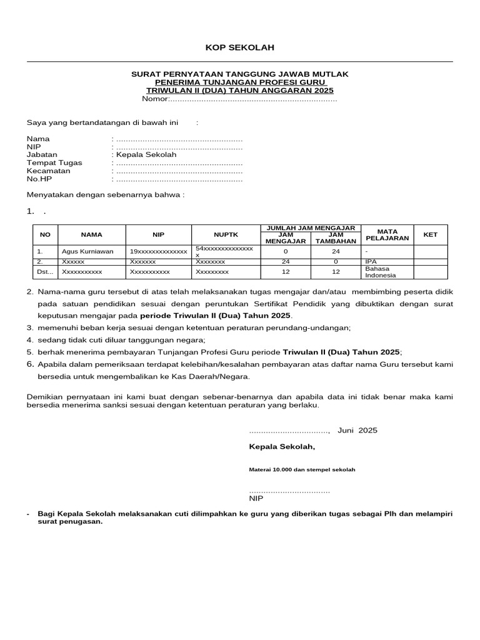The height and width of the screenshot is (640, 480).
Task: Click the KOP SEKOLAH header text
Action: point(240,48)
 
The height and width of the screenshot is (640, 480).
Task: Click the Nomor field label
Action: point(156,99)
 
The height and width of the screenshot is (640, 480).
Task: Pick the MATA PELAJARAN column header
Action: point(387,234)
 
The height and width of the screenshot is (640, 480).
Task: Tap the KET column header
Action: point(431,235)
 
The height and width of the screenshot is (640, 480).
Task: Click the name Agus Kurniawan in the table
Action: point(87,251)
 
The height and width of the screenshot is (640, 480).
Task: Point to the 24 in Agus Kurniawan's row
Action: point(336,251)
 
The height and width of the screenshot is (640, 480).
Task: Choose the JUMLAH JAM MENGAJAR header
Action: point(311,228)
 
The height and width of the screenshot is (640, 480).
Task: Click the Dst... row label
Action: point(46,272)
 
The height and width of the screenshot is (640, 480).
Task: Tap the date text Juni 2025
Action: point(357,431)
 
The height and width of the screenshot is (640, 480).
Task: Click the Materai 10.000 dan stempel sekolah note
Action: point(302,469)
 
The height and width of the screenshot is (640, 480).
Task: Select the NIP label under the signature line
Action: point(256,499)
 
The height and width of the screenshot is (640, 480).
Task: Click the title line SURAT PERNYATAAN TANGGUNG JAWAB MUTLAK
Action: point(240,74)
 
